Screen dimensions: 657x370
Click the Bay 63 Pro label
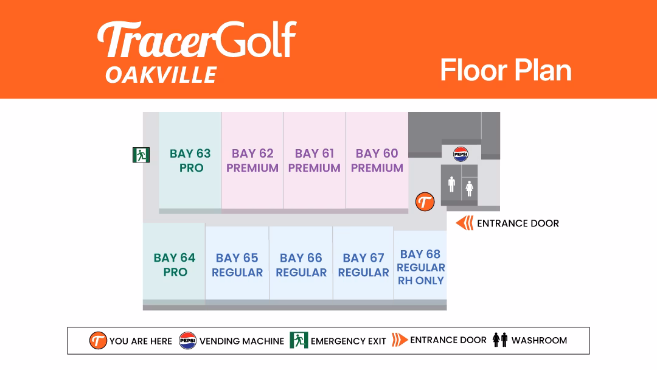click(190, 161)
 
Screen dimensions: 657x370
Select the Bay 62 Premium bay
click(252, 161)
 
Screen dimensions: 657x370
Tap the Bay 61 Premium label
click(315, 161)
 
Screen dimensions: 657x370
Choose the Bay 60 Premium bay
click(377, 161)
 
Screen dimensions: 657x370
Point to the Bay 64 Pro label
click(175, 265)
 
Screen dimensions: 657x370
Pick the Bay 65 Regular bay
click(237, 263)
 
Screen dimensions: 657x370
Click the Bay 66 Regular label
click(301, 265)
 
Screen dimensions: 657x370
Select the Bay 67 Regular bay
click(363, 263)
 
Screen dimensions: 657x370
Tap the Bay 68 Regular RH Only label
click(421, 267)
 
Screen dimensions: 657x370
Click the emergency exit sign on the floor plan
click(141, 155)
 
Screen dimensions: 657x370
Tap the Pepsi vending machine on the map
click(461, 154)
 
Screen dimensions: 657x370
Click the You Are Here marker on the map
click(425, 202)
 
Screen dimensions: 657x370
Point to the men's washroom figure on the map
click(451, 184)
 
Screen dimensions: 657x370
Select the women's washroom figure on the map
click(470, 189)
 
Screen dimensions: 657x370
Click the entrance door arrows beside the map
click(465, 223)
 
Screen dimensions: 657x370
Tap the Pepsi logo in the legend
click(188, 341)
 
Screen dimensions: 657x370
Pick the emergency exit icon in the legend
click(299, 340)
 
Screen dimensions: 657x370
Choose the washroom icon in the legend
click(500, 340)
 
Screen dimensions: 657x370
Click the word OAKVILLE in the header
click(161, 75)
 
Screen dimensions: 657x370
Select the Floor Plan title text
click(506, 71)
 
